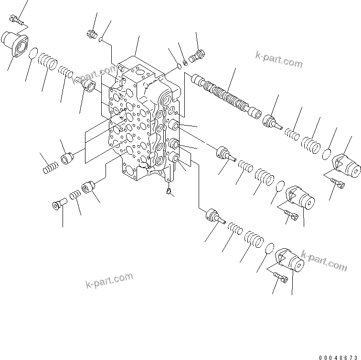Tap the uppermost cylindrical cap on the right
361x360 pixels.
[x=346, y=164]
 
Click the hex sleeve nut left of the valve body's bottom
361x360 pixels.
[x=89, y=187]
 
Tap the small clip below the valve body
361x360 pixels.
[x=169, y=192]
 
